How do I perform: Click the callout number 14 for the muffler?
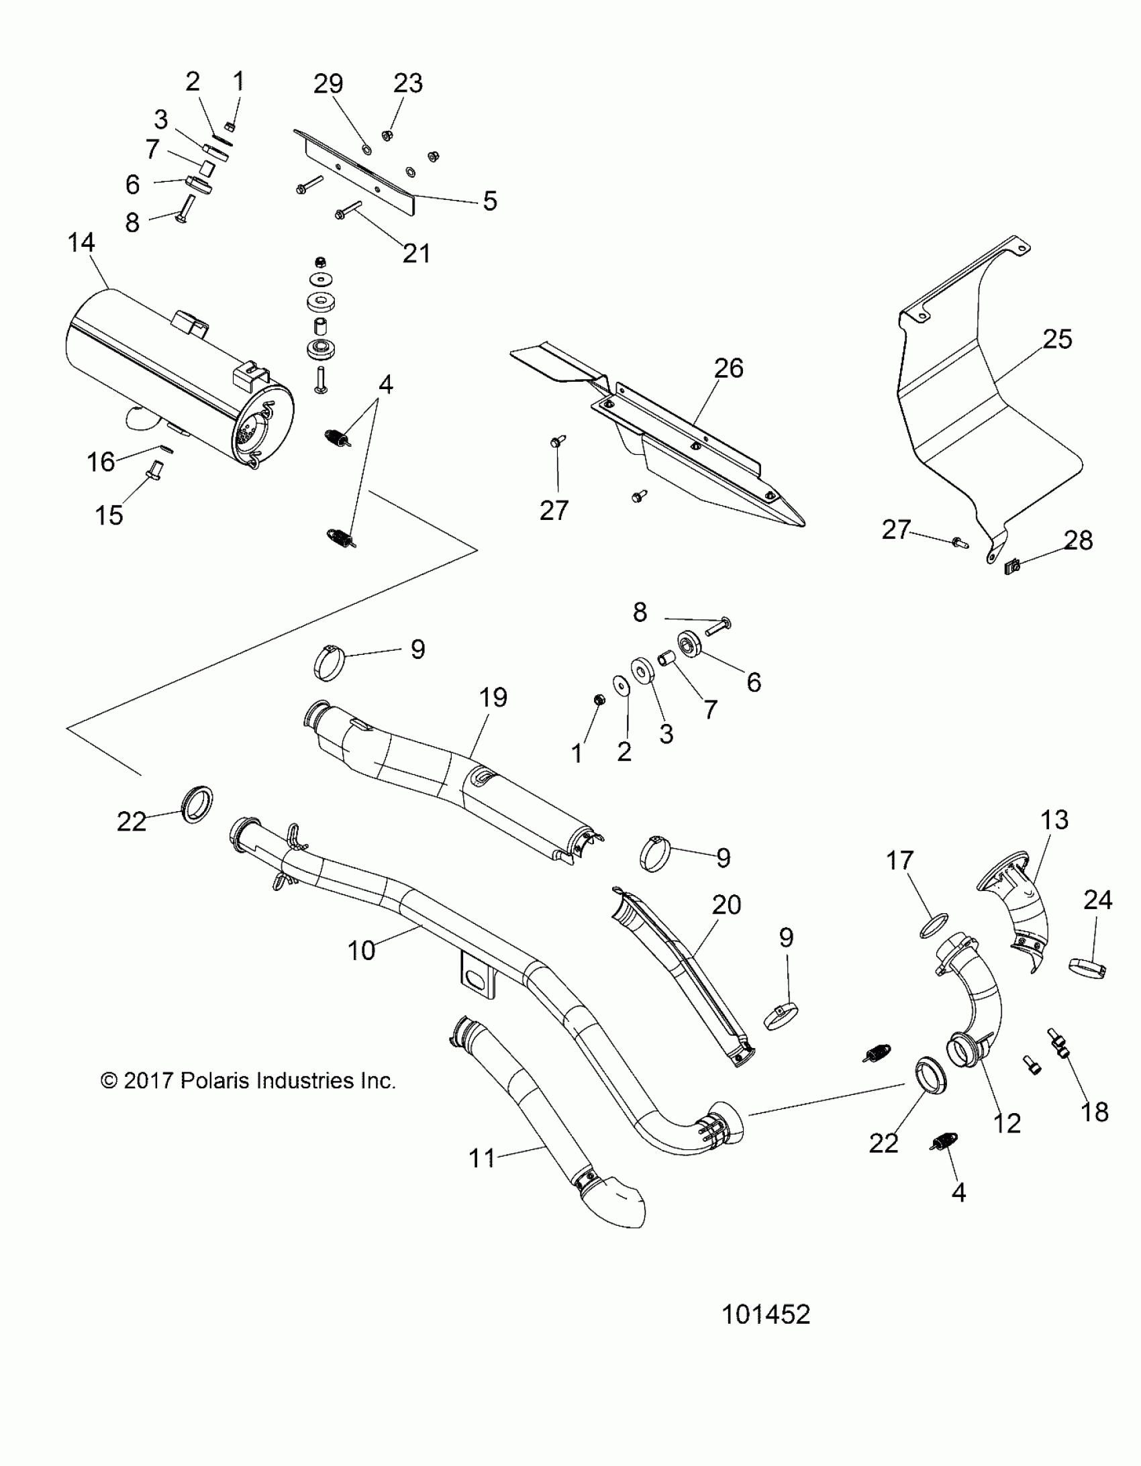pyautogui.click(x=81, y=243)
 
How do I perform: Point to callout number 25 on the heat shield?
pyautogui.click(x=1057, y=339)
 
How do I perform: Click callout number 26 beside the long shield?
pyautogui.click(x=729, y=368)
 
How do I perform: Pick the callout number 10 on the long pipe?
pyautogui.click(x=361, y=950)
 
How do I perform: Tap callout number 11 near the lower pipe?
pyautogui.click(x=481, y=1157)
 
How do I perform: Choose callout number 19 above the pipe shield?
pyautogui.click(x=493, y=698)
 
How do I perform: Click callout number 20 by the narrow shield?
pyautogui.click(x=726, y=905)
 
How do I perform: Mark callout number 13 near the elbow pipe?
pyautogui.click(x=1054, y=820)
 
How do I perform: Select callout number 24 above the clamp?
pyautogui.click(x=1097, y=900)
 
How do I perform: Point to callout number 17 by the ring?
pyautogui.click(x=900, y=861)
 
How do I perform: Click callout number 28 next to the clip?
pyautogui.click(x=1079, y=540)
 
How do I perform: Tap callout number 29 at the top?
pyautogui.click(x=328, y=84)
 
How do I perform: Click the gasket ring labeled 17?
pyautogui.click(x=938, y=927)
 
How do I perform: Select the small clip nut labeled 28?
pyautogui.click(x=1013, y=567)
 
